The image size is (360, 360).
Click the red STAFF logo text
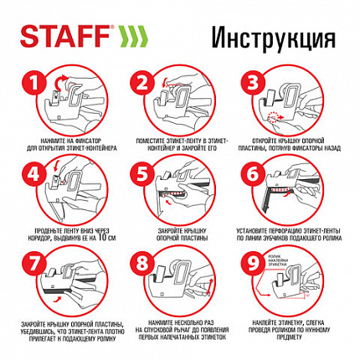[x=57, y=39]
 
